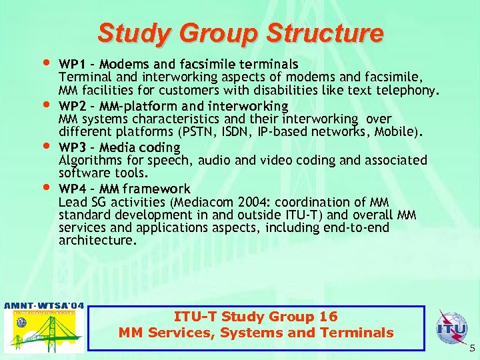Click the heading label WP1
pyautogui.click(x=72, y=65)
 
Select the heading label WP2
pyautogui.click(x=72, y=106)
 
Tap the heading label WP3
pyautogui.click(x=72, y=147)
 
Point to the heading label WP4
pyautogui.click(x=72, y=189)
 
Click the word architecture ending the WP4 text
pyautogui.click(x=97, y=240)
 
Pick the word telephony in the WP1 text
pyautogui.click(x=409, y=90)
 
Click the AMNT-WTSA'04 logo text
pyautogui.click(x=44, y=305)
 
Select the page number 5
pyautogui.click(x=472, y=347)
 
